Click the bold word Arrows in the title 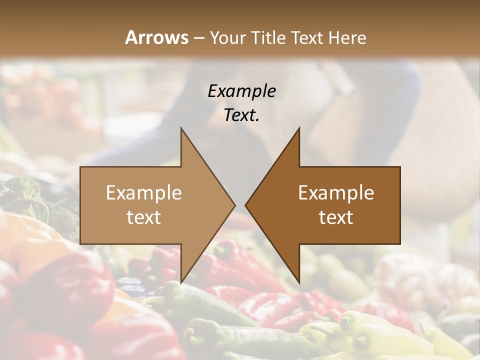157,37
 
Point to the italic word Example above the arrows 241,91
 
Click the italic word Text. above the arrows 241,115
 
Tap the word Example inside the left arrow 144,193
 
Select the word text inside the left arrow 144,217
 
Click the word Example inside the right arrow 336,193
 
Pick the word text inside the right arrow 336,217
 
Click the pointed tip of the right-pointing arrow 235,205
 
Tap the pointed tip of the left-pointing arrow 245,205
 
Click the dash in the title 198,38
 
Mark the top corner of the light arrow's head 181,128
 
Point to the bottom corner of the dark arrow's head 299,282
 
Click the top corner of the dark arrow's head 299,128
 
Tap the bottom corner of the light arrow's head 181,282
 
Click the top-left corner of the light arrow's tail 80,167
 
